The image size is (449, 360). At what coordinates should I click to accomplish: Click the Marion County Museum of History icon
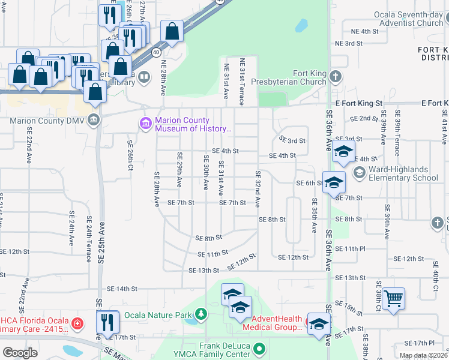[x=145, y=124]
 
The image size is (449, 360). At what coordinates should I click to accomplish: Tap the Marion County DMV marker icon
[x=94, y=120]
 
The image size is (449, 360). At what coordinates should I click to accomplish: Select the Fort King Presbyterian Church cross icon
[x=336, y=77]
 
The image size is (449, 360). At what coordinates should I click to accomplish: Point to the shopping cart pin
[x=393, y=299]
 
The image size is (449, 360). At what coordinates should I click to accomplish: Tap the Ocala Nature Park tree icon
[x=200, y=314]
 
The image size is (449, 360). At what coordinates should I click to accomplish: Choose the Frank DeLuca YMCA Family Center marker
[x=259, y=347]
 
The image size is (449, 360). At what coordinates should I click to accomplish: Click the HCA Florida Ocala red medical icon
[x=76, y=325]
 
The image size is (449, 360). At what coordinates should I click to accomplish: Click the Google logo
[x=19, y=353]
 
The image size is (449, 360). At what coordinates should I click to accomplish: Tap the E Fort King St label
[x=359, y=104]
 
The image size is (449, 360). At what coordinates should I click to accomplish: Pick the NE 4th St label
[x=365, y=31]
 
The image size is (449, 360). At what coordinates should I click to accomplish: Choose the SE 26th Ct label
[x=130, y=155]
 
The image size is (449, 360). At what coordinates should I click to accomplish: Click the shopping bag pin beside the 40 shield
[x=172, y=32]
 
